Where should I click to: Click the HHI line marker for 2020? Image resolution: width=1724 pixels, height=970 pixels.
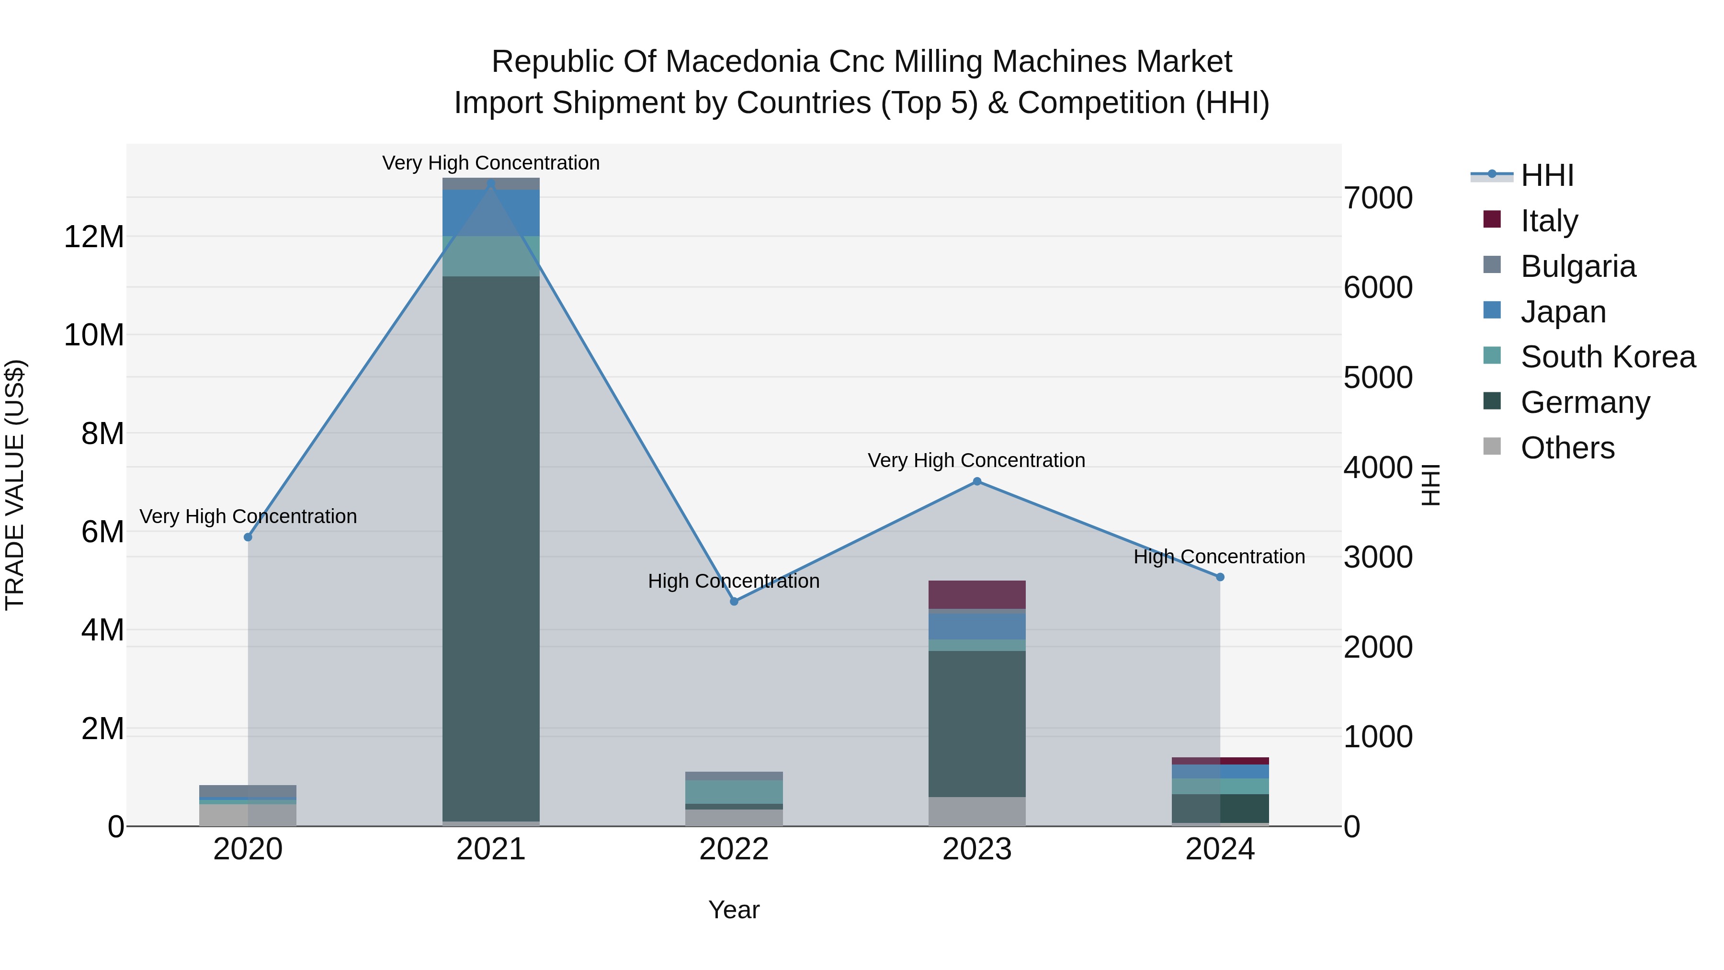tap(248, 537)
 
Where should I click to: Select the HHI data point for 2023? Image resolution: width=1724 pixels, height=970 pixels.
tap(976, 481)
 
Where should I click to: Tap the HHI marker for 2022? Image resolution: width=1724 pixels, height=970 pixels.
tap(734, 601)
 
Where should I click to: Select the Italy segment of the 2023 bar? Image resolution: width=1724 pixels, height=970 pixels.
tap(976, 594)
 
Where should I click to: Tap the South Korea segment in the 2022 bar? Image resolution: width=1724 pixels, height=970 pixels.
tap(734, 791)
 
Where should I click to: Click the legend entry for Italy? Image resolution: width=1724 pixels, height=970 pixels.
tap(1549, 221)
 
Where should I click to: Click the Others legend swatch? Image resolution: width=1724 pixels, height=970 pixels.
tap(1492, 446)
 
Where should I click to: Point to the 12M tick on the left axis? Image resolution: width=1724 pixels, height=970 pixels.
tap(94, 237)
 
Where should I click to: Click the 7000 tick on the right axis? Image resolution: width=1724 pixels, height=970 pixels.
tap(1377, 198)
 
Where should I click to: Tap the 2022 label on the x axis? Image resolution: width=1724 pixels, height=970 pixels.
tap(734, 849)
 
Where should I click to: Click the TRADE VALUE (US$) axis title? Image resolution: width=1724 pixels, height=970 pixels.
tap(15, 485)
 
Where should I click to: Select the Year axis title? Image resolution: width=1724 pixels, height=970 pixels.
tap(734, 910)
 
